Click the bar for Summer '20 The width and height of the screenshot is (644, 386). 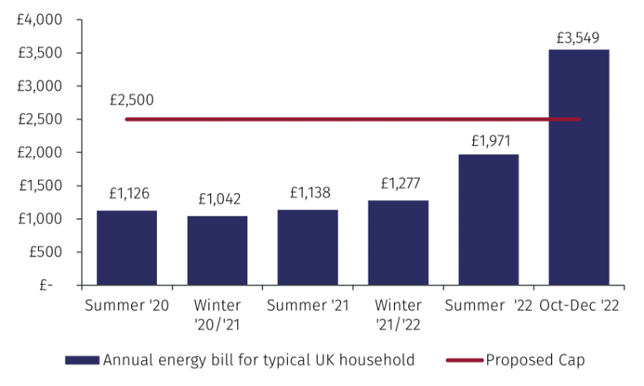tap(126, 247)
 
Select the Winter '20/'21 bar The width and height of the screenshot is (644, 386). tap(217, 250)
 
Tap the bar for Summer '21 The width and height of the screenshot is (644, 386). tap(308, 247)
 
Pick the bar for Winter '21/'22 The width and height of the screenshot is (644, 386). tap(398, 242)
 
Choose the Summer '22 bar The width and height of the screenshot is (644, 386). tap(489, 220)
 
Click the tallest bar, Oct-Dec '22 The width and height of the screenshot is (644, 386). tap(579, 167)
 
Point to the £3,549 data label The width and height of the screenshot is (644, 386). tap(578, 37)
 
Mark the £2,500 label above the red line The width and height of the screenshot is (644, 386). tap(131, 100)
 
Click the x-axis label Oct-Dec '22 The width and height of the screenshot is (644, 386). tap(580, 305)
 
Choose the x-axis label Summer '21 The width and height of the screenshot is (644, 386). tap(308, 305)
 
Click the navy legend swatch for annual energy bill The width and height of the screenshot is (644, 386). tap(82, 360)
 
